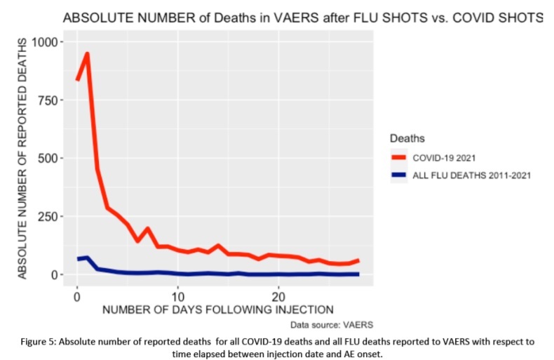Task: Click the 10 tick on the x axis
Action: (x=178, y=295)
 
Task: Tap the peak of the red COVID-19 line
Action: (x=87, y=54)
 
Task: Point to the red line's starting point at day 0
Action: (x=77, y=80)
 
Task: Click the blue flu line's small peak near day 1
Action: (x=87, y=258)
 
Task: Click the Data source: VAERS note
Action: (x=331, y=326)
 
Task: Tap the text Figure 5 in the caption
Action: (x=39, y=342)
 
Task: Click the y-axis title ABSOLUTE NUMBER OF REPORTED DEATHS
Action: (x=23, y=158)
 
